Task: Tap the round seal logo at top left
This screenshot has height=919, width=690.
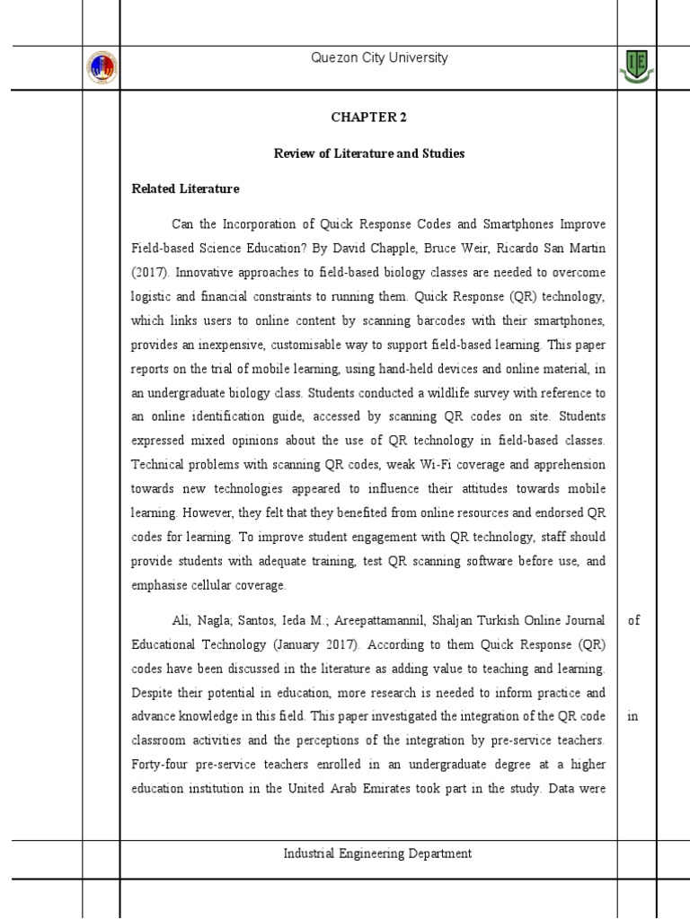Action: pos(102,68)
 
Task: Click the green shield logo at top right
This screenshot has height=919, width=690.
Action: pos(637,67)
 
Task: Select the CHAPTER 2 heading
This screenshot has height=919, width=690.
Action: pos(368,117)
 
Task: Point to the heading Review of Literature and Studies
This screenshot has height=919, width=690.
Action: pos(368,153)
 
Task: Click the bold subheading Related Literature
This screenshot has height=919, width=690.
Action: pos(185,188)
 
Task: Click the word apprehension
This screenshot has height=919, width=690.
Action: pos(562,465)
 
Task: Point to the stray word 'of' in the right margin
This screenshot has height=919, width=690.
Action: pos(633,620)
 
